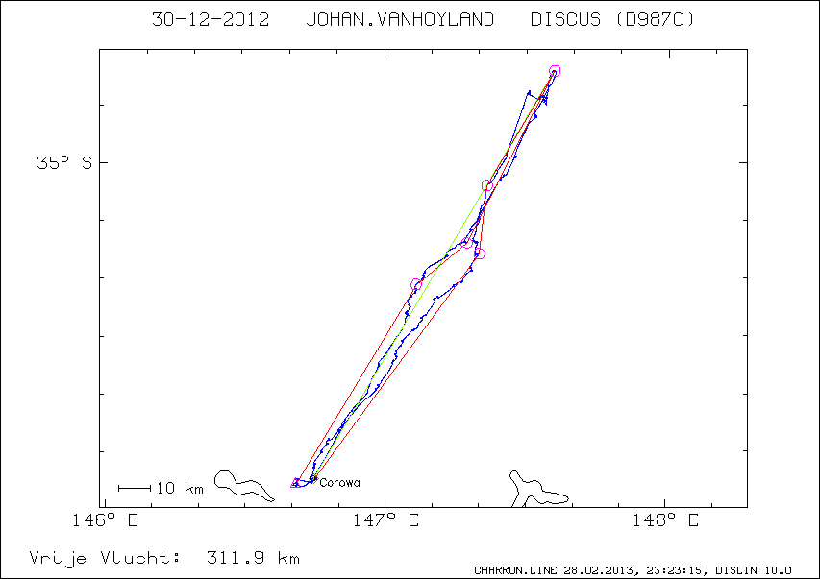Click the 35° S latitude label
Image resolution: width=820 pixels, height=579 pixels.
pyautogui.click(x=64, y=163)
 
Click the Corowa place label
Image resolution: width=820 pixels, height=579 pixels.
pyautogui.click(x=339, y=482)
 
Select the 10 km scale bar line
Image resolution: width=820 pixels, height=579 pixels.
pyautogui.click(x=134, y=488)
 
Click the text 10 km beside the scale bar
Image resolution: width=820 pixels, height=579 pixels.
pyautogui.click(x=180, y=488)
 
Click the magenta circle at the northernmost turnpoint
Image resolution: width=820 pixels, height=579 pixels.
pyautogui.click(x=555, y=71)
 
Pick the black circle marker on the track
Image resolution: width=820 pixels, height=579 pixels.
pyautogui.click(x=487, y=185)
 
